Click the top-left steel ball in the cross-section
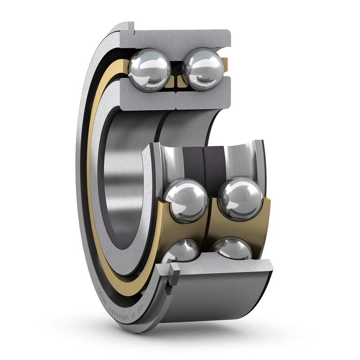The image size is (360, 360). pos(149,70)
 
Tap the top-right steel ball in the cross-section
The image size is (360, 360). pos(203,69)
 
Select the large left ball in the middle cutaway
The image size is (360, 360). pos(185,200)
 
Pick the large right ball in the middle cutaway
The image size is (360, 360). pos(240,198)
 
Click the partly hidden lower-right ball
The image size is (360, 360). pos(232,248)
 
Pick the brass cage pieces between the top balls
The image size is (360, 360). pos(176,81)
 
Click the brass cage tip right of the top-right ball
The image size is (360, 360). pos(225,63)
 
